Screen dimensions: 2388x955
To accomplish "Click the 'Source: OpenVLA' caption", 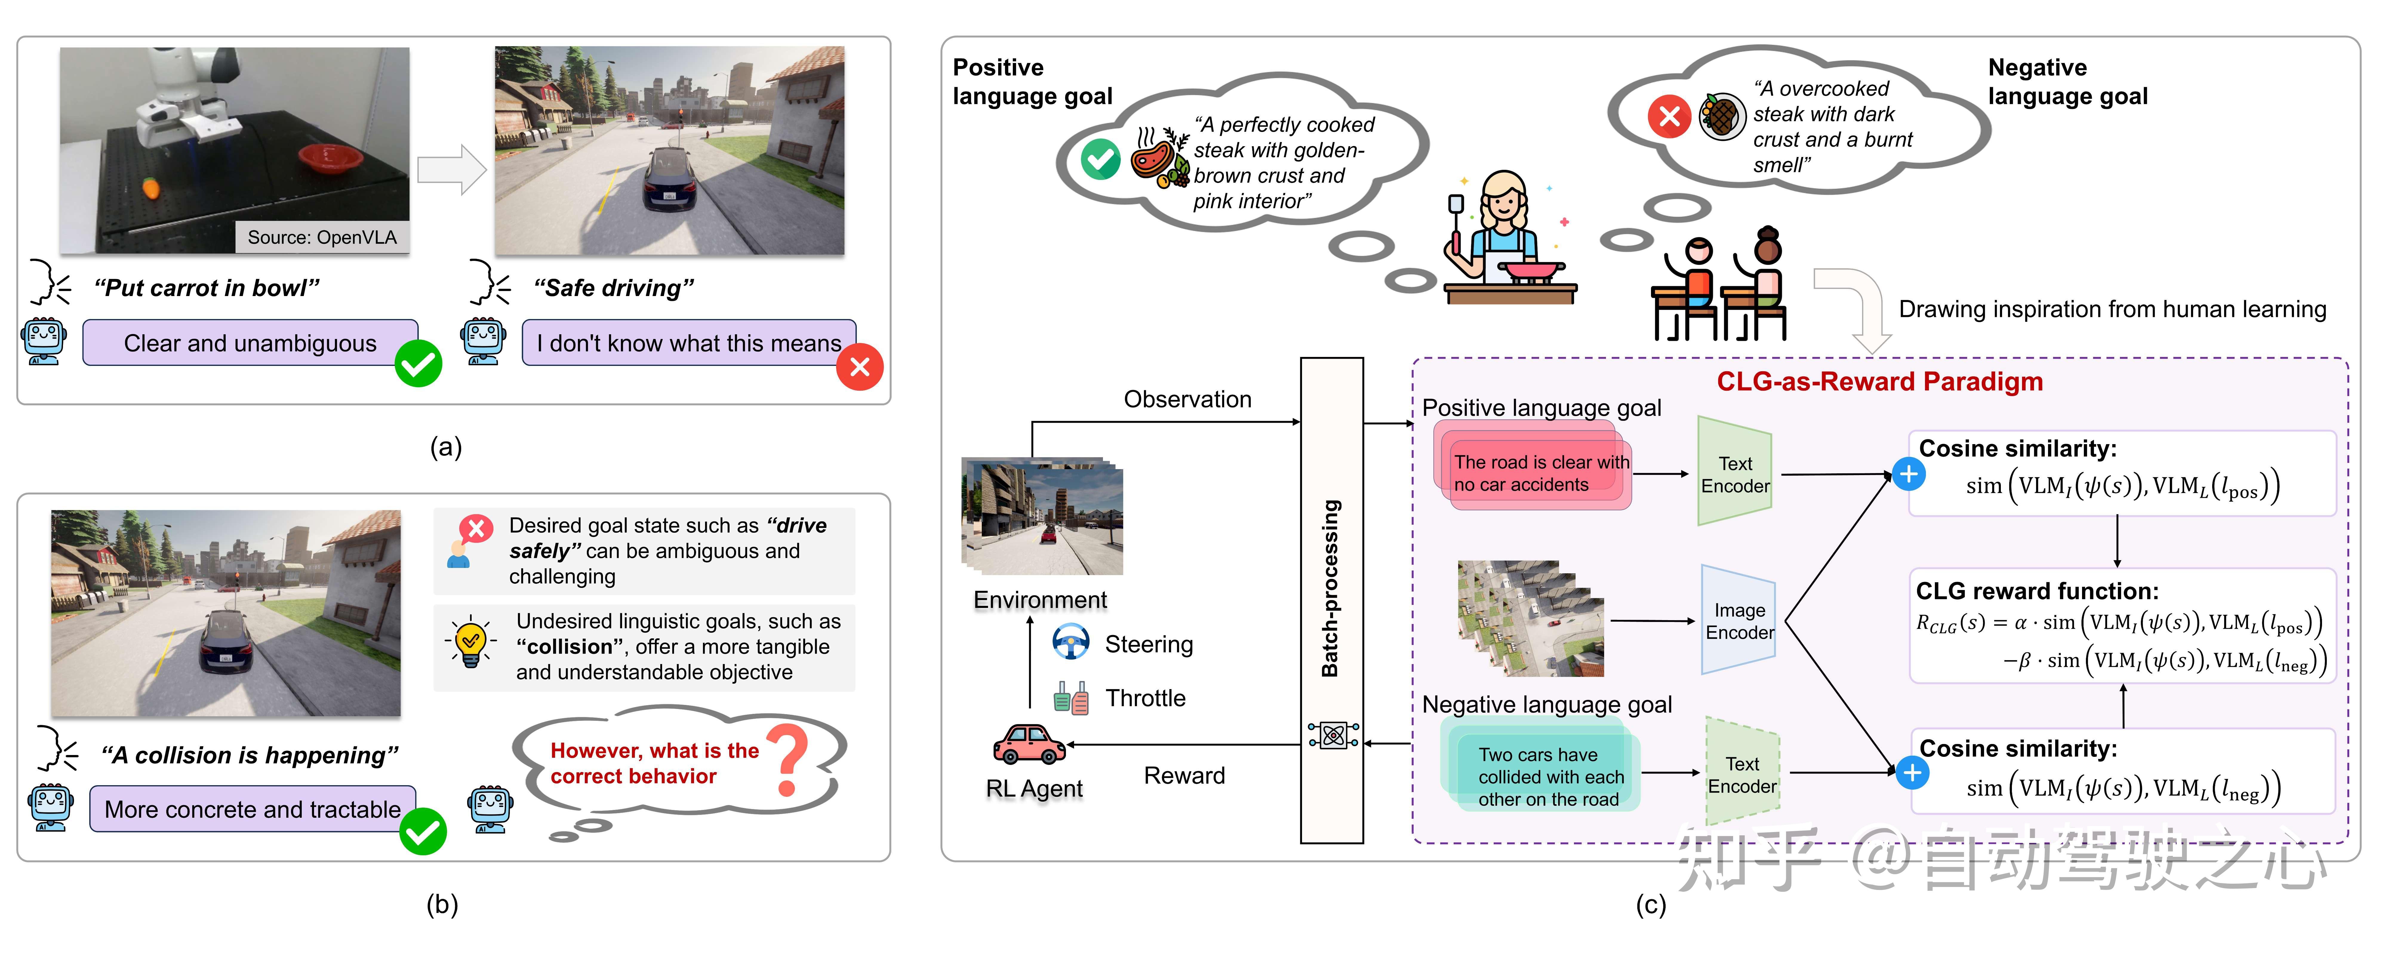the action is tap(322, 237).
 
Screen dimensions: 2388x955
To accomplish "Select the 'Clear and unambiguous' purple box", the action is tap(250, 343).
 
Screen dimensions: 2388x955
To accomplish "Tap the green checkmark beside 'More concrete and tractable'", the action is tap(423, 831).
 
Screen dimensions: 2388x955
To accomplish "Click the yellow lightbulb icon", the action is tap(470, 640).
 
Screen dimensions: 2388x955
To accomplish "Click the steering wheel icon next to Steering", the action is tap(1071, 642).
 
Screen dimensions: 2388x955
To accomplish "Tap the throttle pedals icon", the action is tap(1071, 697).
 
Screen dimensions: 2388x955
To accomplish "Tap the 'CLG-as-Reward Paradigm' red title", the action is tap(1879, 381).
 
